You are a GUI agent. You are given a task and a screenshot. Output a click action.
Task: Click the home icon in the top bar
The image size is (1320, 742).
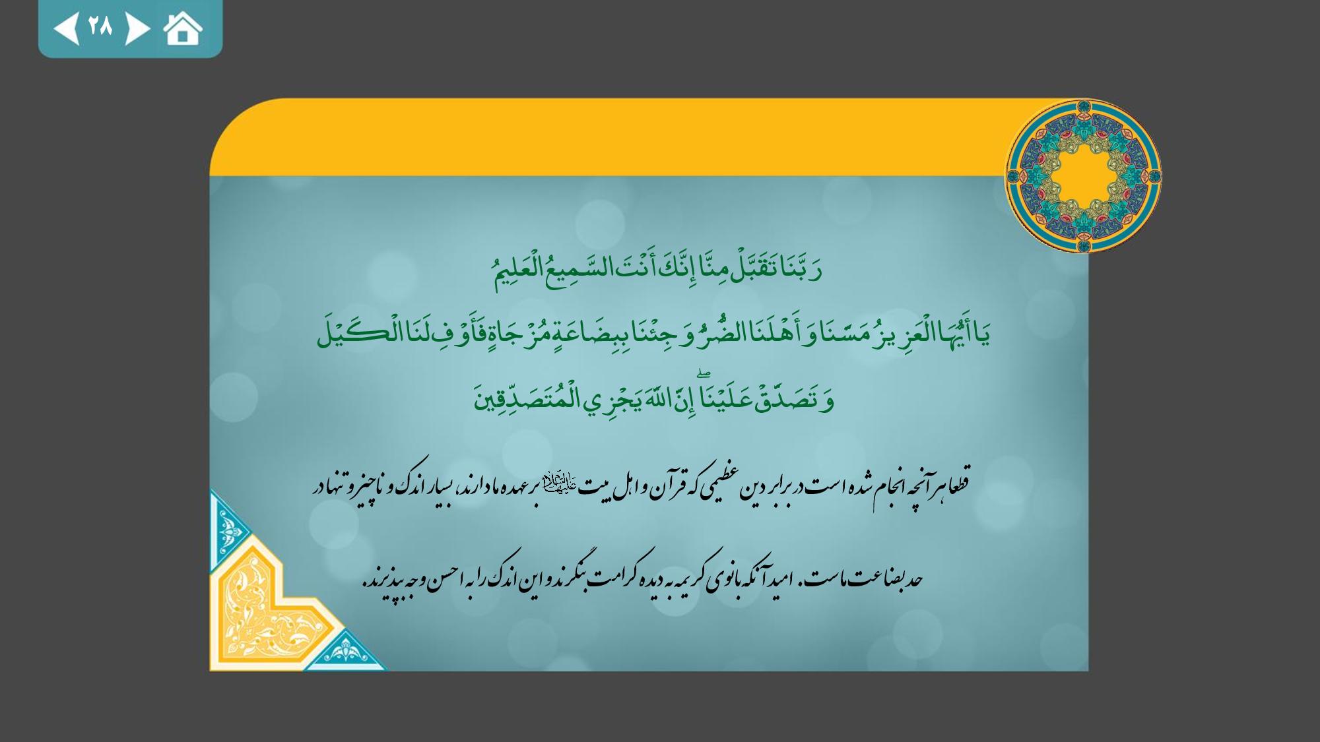(x=183, y=29)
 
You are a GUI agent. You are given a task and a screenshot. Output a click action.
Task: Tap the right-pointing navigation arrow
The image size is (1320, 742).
(x=137, y=28)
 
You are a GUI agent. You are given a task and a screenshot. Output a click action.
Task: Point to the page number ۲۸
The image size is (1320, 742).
(x=100, y=27)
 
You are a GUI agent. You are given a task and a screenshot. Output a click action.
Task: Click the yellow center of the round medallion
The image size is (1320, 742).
(x=1083, y=176)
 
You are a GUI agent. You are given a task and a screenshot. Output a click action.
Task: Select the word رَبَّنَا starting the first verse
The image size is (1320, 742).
(x=798, y=268)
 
